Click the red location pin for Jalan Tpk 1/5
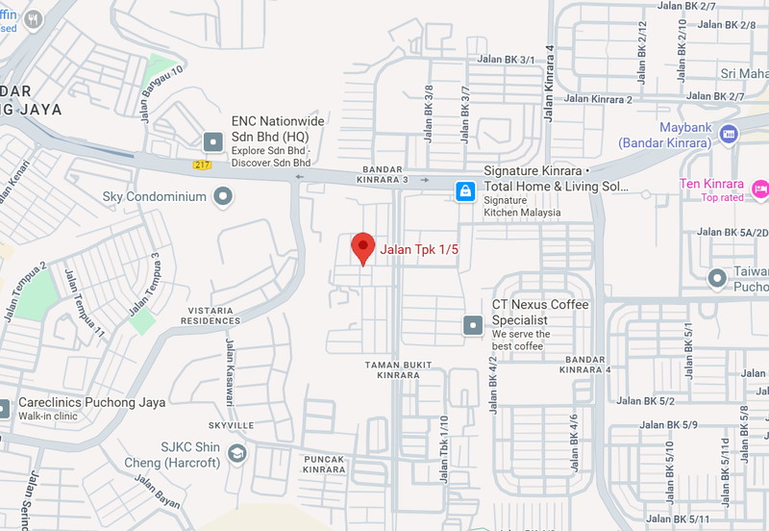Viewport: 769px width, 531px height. pyautogui.click(x=362, y=247)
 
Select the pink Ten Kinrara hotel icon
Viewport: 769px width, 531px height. pyautogui.click(x=759, y=186)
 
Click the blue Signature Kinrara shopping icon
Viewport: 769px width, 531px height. pyautogui.click(x=465, y=191)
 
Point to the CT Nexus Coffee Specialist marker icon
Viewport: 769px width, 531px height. pyautogui.click(x=472, y=325)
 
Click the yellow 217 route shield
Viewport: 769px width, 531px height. pyautogui.click(x=201, y=164)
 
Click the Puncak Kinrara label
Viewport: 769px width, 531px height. pyautogui.click(x=323, y=465)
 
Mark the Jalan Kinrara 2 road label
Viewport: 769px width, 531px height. pyautogui.click(x=598, y=99)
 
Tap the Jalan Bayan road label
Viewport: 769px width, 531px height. pyautogui.click(x=158, y=490)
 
